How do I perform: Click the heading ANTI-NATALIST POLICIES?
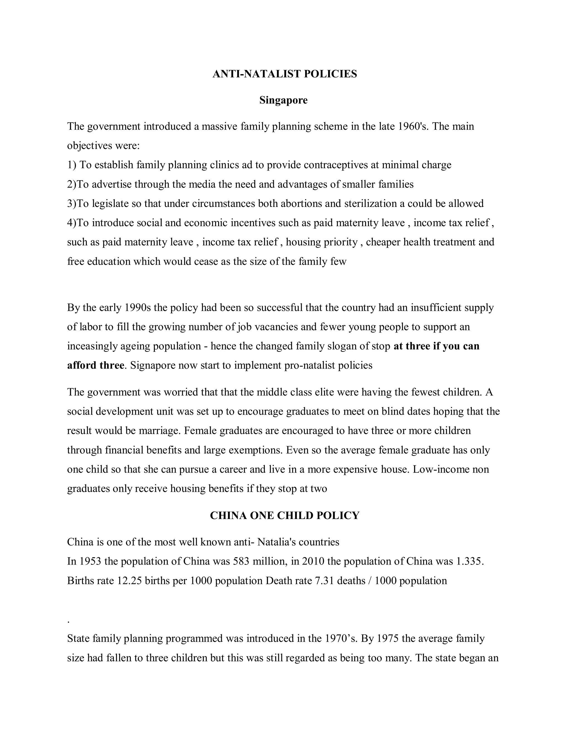coord(285,74)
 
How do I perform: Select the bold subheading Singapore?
coord(283,100)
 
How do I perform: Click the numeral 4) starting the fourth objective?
coord(72,223)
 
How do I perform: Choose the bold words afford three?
coord(95,365)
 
